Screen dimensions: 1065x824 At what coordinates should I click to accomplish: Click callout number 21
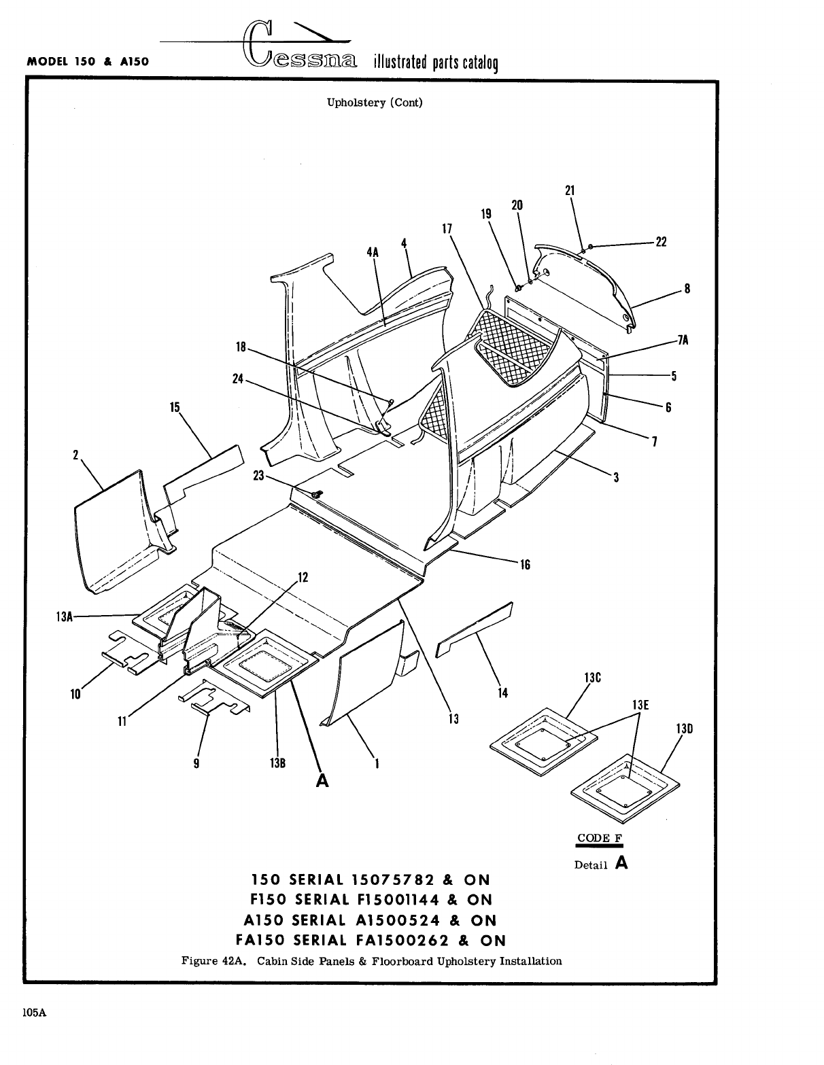(x=570, y=190)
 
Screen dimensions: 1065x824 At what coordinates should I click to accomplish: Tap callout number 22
(x=661, y=242)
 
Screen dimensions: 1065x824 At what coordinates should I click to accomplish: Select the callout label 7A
(x=683, y=341)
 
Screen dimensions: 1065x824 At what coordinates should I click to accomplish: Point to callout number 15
(x=175, y=408)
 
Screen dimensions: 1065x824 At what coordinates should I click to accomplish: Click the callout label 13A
(x=64, y=616)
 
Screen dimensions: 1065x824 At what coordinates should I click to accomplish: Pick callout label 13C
(x=593, y=678)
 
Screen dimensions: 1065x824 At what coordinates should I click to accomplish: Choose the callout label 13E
(x=640, y=705)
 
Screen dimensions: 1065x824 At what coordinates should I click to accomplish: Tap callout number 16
(x=525, y=564)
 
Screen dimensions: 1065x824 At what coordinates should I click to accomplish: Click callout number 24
(x=238, y=379)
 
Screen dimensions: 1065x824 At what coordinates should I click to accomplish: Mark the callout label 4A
(x=373, y=251)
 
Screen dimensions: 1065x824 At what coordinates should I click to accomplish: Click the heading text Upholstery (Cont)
(x=375, y=103)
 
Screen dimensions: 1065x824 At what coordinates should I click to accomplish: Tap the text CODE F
(x=598, y=838)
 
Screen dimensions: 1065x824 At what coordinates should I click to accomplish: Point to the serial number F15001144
(x=398, y=900)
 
